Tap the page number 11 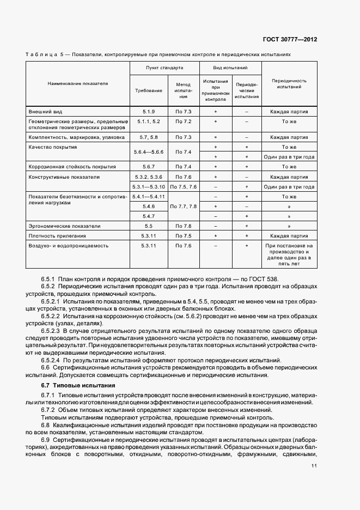pyautogui.click(x=314, y=466)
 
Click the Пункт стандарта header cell pyautogui.click(x=164, y=69)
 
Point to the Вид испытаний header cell pyautogui.click(x=230, y=69)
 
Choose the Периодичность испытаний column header pyautogui.click(x=289, y=83)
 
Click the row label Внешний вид pyautogui.click(x=44, y=112)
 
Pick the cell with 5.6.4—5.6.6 pyautogui.click(x=149, y=152)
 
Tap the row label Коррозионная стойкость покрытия pyautogui.click(x=71, y=167)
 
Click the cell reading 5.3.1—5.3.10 pyautogui.click(x=149, y=187)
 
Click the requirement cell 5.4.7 pyautogui.click(x=149, y=216)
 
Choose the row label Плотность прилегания pyautogui.click(x=57, y=236)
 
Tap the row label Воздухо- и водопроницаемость pyautogui.click(x=69, y=246)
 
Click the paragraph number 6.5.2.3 pyautogui.click(x=52, y=331)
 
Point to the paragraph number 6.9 pyautogui.click(x=46, y=440)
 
